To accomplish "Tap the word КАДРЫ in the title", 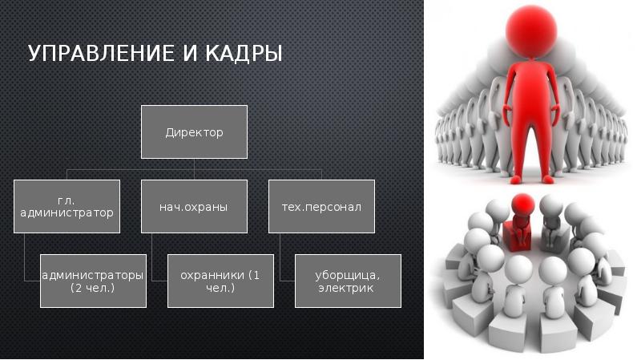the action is tap(244, 53).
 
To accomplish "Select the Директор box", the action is tap(194, 131).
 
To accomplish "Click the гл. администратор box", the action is tap(67, 207).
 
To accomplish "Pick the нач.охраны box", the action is tap(194, 207).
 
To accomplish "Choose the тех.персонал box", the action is tap(322, 207).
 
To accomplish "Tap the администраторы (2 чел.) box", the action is tap(93, 281).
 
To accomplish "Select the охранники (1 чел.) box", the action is tap(221, 281).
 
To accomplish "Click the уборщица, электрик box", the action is tap(348, 281).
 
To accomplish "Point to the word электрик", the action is tap(346, 288).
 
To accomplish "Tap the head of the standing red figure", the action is tap(531, 30).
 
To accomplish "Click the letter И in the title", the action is tap(189, 53).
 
